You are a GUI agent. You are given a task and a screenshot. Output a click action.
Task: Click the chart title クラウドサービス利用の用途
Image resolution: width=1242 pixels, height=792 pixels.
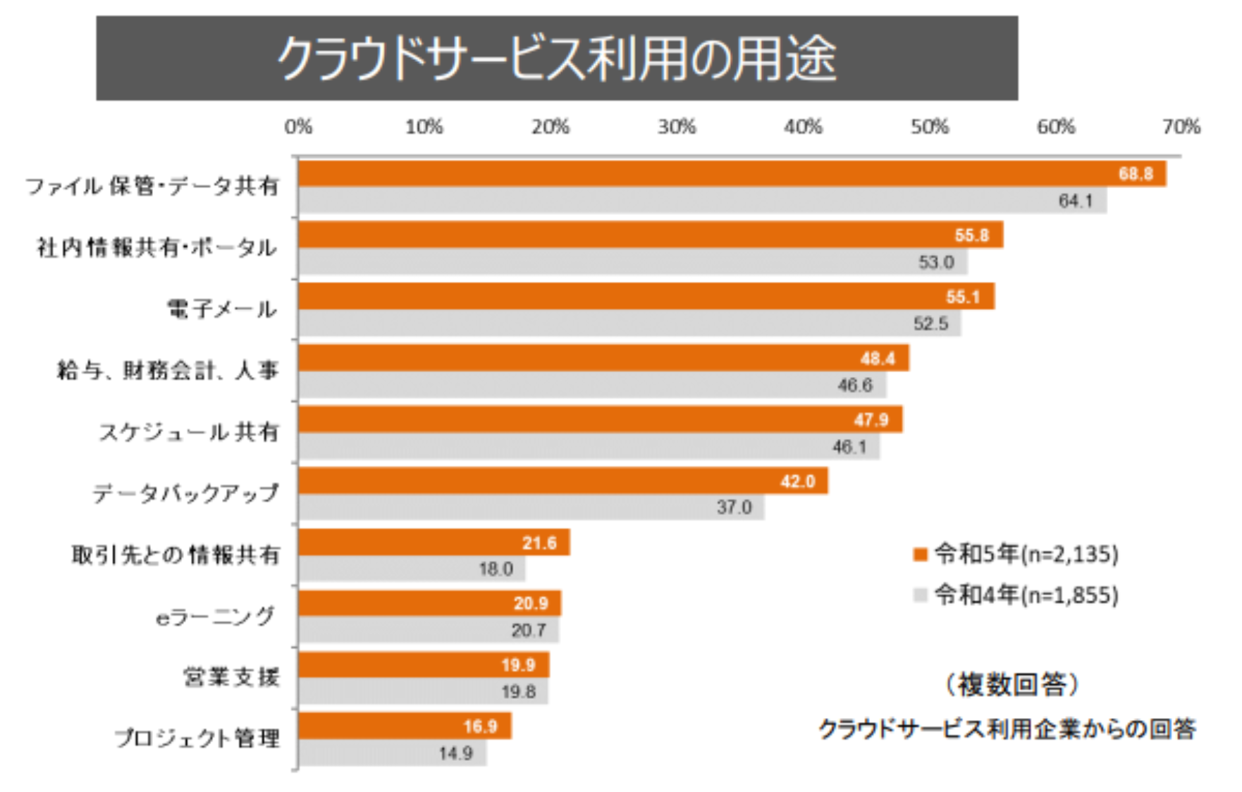557,58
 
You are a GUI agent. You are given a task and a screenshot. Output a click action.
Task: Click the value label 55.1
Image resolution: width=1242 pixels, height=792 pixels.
962,297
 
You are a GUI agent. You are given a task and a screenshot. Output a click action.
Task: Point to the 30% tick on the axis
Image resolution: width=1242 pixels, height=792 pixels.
677,127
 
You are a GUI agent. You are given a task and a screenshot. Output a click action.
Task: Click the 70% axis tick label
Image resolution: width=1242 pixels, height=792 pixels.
1181,127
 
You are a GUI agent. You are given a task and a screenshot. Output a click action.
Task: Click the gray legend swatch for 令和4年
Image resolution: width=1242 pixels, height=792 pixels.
920,595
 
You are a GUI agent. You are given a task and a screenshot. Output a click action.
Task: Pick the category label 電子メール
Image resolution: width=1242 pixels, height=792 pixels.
221,309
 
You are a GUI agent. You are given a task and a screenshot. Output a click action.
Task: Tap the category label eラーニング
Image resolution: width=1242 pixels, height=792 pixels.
215,617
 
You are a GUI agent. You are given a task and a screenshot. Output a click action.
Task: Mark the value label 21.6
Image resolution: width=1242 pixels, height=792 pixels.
539,543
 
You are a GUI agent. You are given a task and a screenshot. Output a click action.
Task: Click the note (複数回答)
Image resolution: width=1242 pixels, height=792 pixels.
1012,684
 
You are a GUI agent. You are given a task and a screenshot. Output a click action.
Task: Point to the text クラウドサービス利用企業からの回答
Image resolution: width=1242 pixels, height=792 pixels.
1007,729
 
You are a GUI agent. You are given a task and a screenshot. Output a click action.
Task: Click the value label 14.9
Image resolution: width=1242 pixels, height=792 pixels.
455,753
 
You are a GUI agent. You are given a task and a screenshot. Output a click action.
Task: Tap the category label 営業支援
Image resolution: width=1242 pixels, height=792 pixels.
231,677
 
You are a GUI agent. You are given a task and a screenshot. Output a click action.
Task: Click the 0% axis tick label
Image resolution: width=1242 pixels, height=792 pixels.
298,127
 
